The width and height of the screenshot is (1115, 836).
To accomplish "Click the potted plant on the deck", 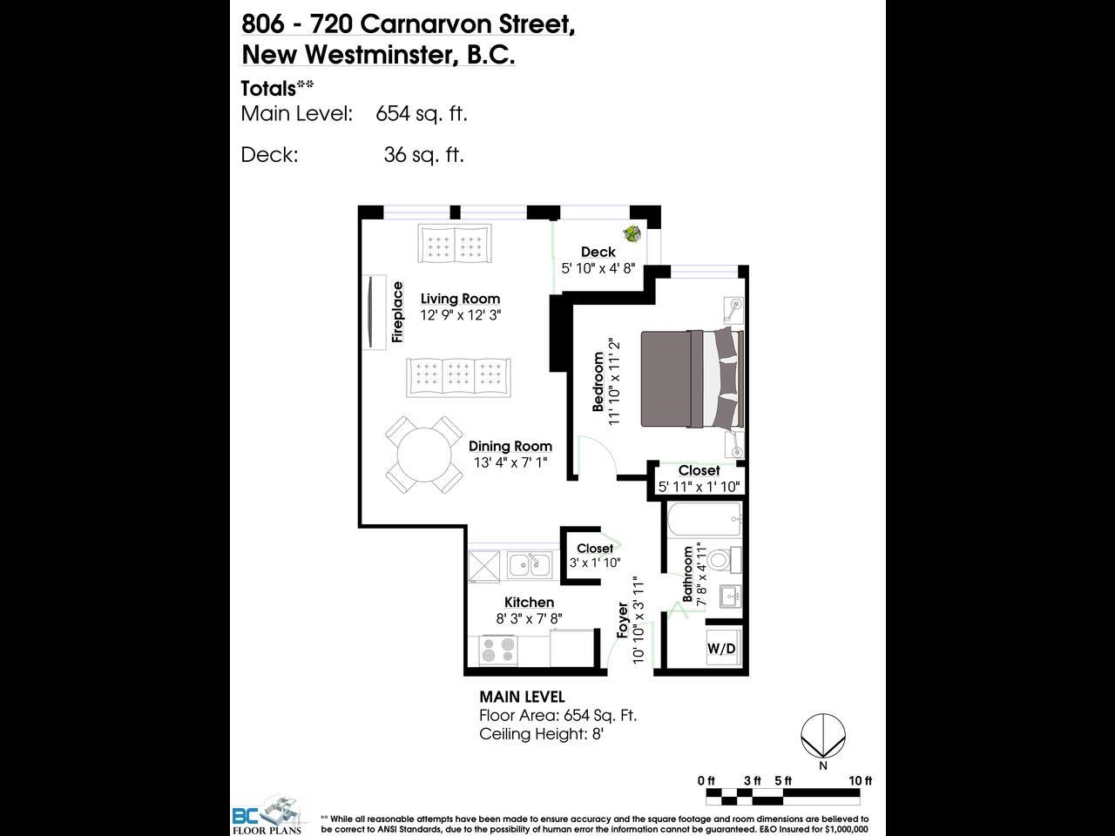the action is [632, 234].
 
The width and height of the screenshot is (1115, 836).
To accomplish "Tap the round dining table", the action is [424, 455].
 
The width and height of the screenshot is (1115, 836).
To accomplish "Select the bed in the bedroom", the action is [692, 379].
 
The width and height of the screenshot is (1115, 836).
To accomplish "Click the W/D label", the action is [721, 648].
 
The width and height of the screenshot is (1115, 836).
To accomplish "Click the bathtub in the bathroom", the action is [705, 519].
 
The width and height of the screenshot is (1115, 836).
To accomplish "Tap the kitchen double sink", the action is [530, 565].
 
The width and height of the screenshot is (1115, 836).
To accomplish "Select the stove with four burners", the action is [498, 651].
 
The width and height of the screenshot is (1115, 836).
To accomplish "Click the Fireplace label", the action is [397, 312].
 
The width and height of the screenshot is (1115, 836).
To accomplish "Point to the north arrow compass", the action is [823, 736].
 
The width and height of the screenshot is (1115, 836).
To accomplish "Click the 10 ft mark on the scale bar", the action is [860, 780].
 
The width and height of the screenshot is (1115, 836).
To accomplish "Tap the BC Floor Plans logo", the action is [267, 815].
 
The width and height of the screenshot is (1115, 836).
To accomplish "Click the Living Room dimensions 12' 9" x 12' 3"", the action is [460, 315].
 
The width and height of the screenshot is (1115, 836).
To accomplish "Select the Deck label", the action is [598, 252].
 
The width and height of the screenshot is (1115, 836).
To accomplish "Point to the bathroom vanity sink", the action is [730, 596].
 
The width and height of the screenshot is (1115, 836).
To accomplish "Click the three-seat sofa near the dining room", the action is [458, 378].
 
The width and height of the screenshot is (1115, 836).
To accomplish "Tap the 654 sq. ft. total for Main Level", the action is [421, 113].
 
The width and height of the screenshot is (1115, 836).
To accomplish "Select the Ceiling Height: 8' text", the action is [541, 734].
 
